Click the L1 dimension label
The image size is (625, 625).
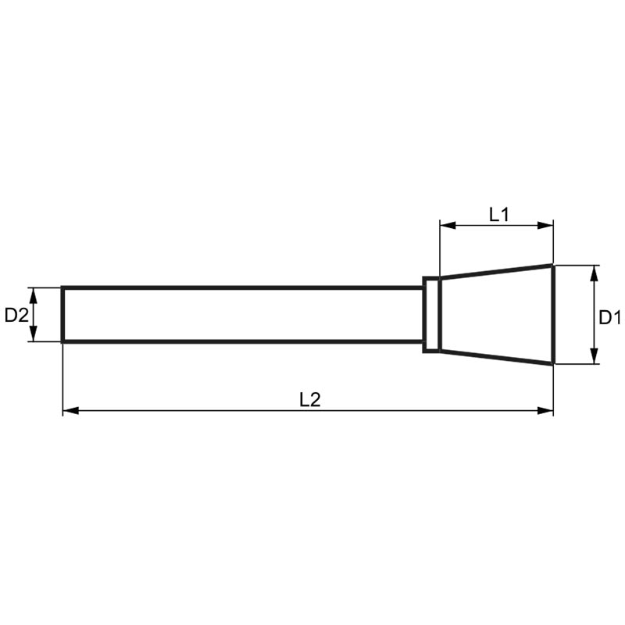(499, 214)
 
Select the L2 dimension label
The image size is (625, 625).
(310, 399)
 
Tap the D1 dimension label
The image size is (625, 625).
(609, 317)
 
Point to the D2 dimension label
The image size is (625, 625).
(16, 315)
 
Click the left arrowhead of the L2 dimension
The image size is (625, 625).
(69, 410)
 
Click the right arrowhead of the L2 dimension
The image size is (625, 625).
(547, 410)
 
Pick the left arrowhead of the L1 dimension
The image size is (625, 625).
(446, 226)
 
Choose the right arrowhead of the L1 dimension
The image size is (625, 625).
(547, 226)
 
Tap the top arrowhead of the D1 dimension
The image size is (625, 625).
(595, 271)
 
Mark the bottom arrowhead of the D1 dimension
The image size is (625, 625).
(595, 358)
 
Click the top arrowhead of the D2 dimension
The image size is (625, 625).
(33, 293)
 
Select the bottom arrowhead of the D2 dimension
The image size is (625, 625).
(33, 336)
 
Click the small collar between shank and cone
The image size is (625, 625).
(431, 314)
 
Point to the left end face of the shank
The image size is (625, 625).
(62, 314)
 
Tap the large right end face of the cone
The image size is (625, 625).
(553, 314)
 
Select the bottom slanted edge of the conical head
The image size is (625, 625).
(496, 356)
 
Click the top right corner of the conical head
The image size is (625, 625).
(553, 266)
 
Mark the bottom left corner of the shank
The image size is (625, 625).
(62, 341)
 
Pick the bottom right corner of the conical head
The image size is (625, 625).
(553, 363)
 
